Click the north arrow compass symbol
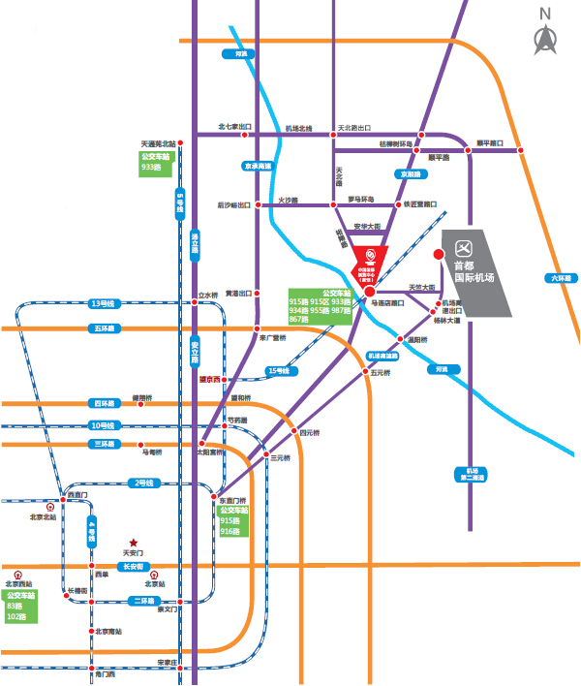(545, 39)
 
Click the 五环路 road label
(103, 328)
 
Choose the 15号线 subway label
(278, 370)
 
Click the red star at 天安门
(134, 542)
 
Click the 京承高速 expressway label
(258, 167)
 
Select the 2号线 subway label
(143, 483)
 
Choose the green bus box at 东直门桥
(233, 521)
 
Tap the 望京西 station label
(211, 379)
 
